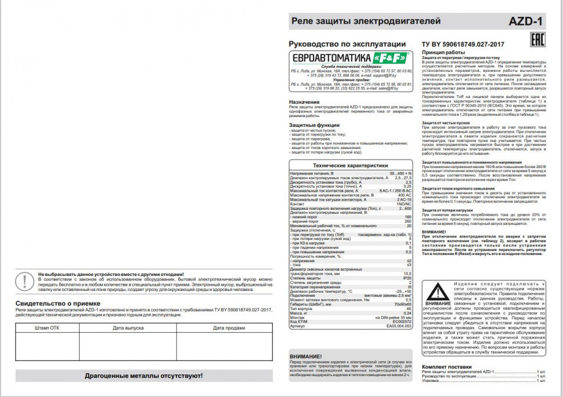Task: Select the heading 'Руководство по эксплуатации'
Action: [x=347, y=44]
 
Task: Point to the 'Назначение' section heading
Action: [x=305, y=102]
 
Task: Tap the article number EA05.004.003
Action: [x=399, y=326]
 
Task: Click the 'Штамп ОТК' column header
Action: [x=47, y=328]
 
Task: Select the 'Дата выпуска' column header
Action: [x=128, y=328]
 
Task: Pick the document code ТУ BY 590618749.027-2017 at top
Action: [x=462, y=45]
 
